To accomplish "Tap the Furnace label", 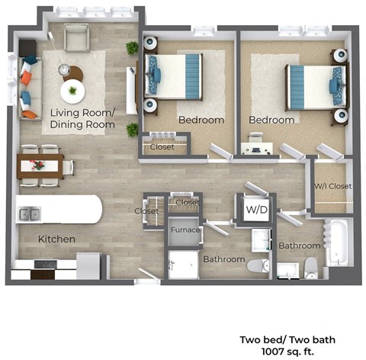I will (185, 229).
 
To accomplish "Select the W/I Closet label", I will (332, 186).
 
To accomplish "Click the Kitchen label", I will (57, 239).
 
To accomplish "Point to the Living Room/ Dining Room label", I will (82, 119).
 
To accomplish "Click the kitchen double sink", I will (31, 214).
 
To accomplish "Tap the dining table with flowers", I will (40, 165).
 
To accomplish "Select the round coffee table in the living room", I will (73, 92).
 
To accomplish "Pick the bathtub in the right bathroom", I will (337, 243).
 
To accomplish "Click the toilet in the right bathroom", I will (310, 267).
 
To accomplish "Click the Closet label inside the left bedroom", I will (162, 148).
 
